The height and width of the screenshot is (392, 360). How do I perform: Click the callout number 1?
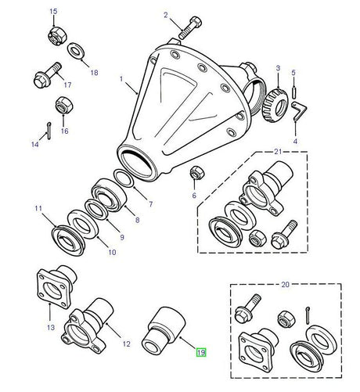pos(121,80)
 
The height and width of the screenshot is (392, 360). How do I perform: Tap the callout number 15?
pos(53,12)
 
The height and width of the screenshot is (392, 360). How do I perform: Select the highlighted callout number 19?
pos(200,353)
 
